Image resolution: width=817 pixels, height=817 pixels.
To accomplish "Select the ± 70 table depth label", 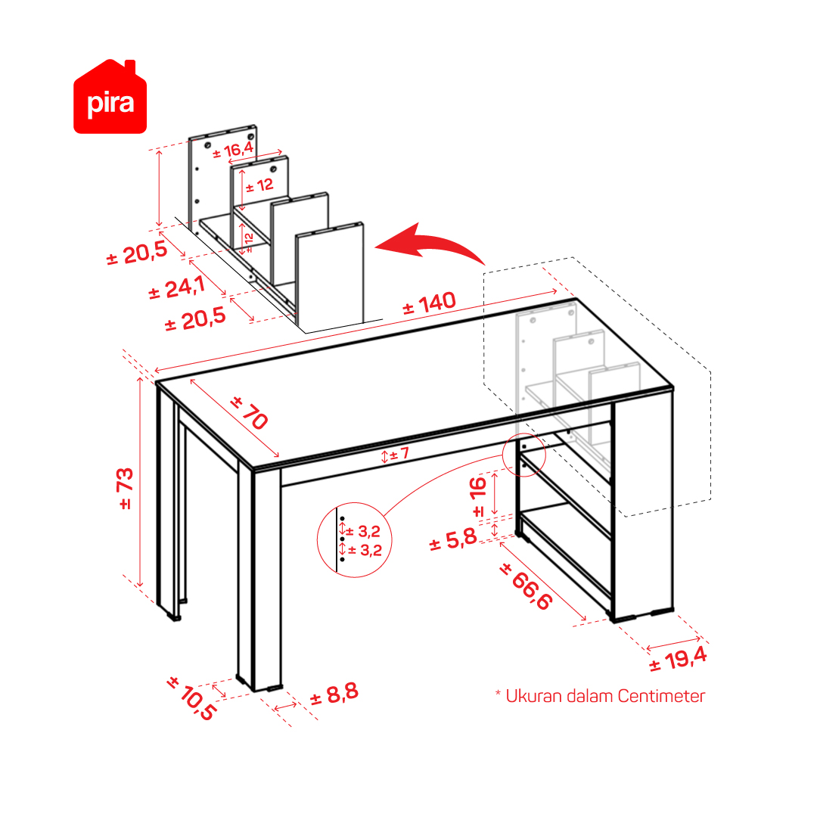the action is click(x=250, y=413).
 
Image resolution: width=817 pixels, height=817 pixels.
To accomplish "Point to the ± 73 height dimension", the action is click(x=126, y=488).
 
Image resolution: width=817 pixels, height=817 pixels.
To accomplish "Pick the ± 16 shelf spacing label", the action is click(x=478, y=496).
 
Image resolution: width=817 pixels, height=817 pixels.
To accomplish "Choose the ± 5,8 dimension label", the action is click(x=453, y=539).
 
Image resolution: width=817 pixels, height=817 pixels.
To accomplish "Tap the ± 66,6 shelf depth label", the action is click(x=526, y=586).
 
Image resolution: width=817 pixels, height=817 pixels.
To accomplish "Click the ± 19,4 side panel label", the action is click(x=678, y=659).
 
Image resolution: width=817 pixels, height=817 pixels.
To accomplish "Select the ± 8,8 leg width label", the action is click(x=334, y=694).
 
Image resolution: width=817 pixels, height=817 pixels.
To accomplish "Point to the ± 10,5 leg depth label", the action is click(x=191, y=698).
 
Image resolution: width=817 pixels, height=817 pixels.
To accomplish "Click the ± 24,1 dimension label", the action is click(x=176, y=287).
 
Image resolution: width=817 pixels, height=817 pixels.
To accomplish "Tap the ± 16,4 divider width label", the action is click(x=233, y=151).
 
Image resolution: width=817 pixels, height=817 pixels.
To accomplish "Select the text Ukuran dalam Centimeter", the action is click(x=605, y=696).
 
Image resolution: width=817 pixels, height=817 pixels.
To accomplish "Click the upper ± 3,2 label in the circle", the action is click(x=363, y=532).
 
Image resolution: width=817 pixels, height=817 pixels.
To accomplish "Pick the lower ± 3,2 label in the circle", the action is click(x=365, y=550).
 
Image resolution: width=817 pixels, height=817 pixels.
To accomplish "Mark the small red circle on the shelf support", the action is click(x=523, y=454).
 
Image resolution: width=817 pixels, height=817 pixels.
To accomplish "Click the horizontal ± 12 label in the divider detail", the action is click(x=259, y=185).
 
